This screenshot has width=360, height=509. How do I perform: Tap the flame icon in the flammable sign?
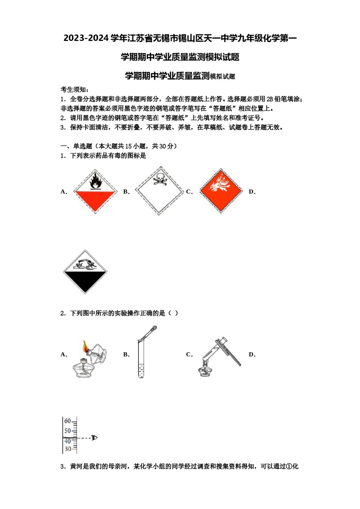click(95, 181)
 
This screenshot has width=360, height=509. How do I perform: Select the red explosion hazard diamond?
click(221, 190)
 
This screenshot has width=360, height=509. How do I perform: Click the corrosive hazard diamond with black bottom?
click(85, 272)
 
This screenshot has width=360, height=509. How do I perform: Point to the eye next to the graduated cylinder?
click(94, 438)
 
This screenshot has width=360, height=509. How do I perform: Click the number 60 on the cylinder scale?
click(67, 421)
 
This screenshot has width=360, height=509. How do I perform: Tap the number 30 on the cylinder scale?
click(67, 449)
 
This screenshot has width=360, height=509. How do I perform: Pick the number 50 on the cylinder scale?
click(67, 431)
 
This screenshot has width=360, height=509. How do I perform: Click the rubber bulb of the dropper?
click(154, 328)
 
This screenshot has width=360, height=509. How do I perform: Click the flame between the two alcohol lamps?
click(86, 346)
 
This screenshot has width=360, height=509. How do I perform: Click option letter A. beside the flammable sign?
click(64, 192)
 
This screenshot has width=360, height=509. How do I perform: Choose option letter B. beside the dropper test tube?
click(126, 354)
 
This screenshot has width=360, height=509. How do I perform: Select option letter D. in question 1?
click(252, 192)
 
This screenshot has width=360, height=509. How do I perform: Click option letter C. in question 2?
click(189, 354)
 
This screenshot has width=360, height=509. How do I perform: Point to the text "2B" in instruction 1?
click(269, 99)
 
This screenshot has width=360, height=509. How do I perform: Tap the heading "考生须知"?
click(74, 90)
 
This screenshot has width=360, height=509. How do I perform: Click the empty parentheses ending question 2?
click(173, 313)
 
